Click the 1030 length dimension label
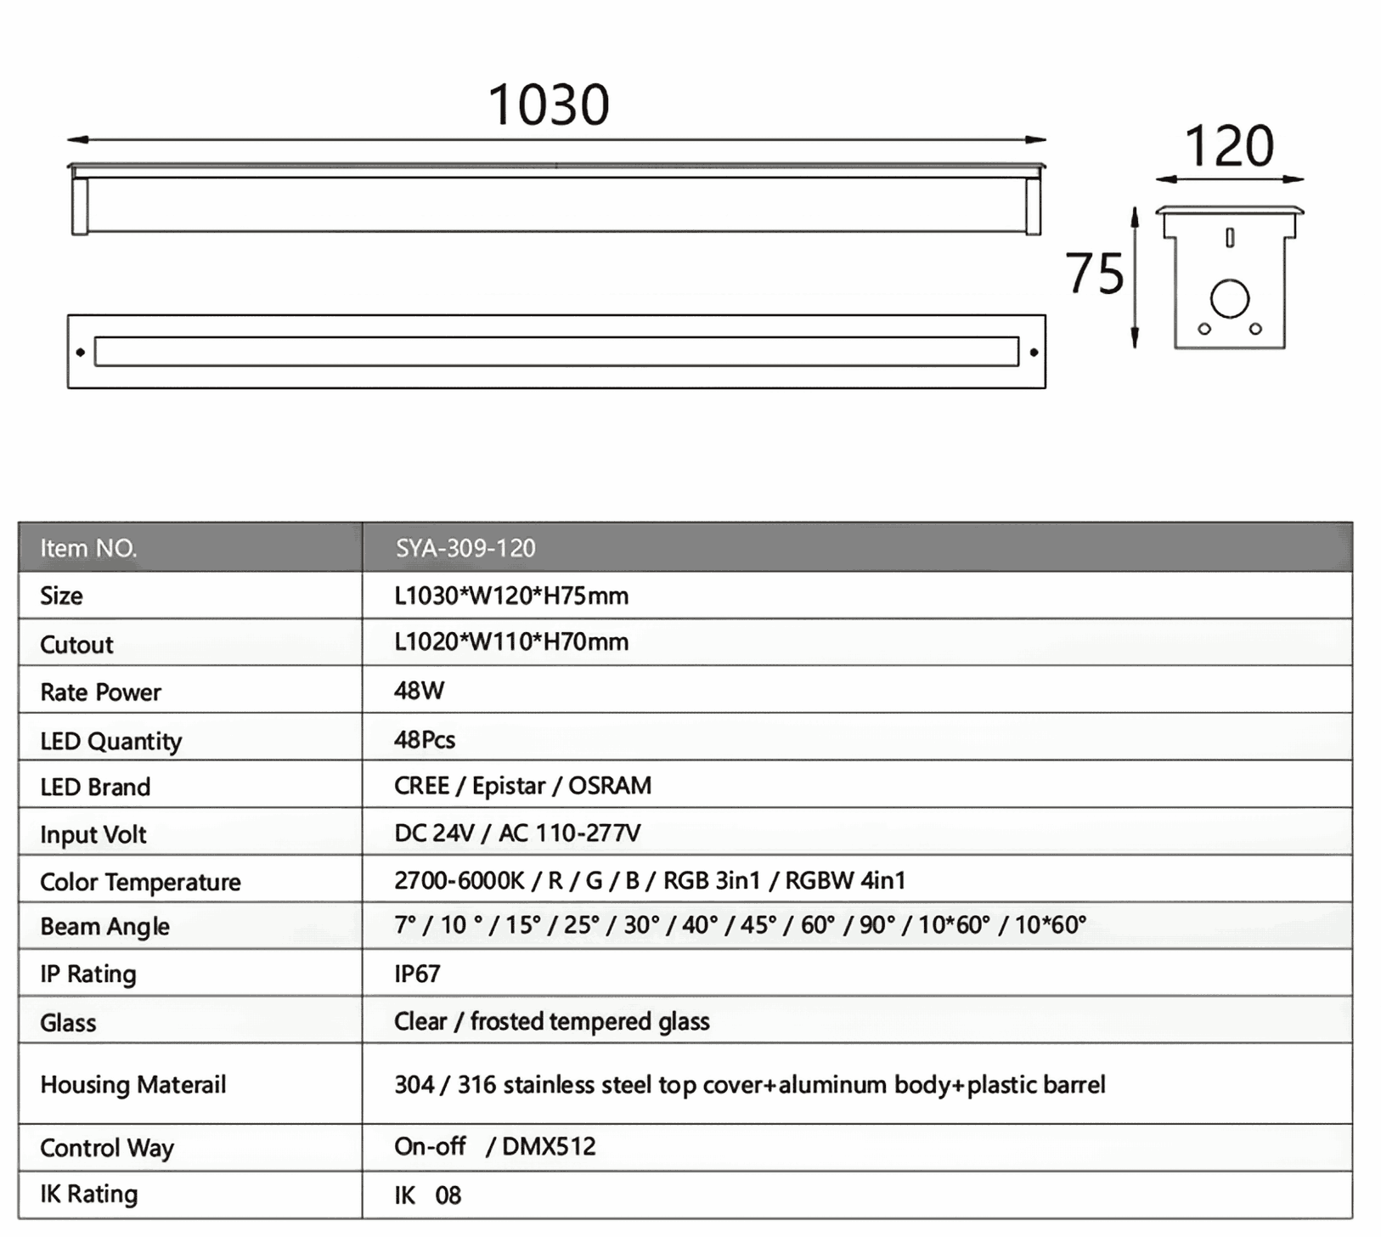(x=549, y=105)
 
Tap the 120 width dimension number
(x=1228, y=147)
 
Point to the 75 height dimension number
(x=1095, y=274)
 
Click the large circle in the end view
(x=1229, y=298)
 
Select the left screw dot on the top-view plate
(x=81, y=352)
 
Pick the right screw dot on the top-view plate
(x=1034, y=352)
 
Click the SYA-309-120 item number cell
(x=465, y=548)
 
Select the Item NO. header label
(x=88, y=548)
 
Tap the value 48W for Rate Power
(x=419, y=690)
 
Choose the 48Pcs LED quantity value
(x=425, y=739)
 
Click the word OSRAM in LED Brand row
(x=609, y=786)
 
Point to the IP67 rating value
(x=417, y=973)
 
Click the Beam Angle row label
(x=104, y=926)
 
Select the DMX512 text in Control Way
(x=549, y=1147)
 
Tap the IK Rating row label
(x=88, y=1194)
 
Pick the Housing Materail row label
(x=133, y=1085)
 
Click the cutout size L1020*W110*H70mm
(x=511, y=641)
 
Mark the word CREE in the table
(x=421, y=786)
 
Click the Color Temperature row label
(x=140, y=882)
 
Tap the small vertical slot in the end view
(x=1229, y=238)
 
